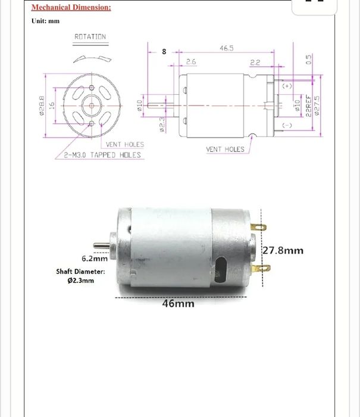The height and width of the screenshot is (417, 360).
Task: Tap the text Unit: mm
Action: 46,21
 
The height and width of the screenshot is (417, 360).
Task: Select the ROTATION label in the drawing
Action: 90,37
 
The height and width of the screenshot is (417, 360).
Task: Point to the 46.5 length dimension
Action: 227,48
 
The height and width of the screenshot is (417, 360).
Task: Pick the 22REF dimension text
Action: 308,105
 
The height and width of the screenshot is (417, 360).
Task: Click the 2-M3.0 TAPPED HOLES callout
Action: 103,155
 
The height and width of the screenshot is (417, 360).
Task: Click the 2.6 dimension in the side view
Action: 191,61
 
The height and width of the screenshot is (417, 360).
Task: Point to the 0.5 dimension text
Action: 308,59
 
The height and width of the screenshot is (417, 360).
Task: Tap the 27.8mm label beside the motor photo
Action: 283,250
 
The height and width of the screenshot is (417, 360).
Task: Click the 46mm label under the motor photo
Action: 179,303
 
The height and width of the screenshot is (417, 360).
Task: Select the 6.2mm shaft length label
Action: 94,259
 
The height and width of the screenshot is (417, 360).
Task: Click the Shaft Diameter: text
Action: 80,271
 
